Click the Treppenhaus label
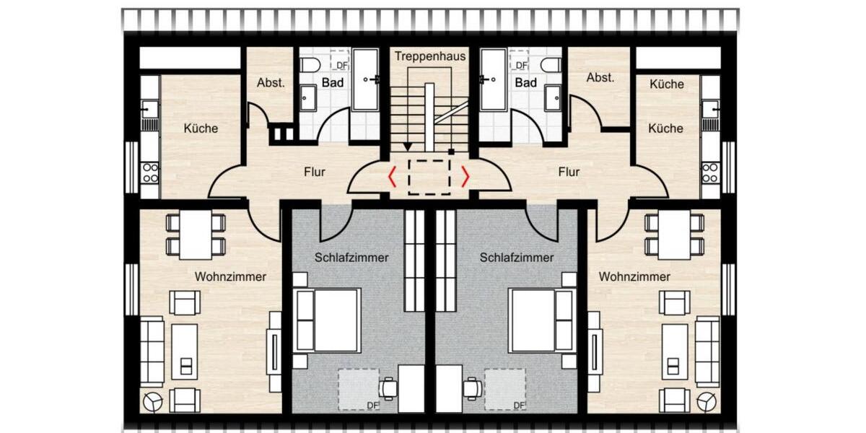(430, 56)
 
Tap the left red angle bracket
(392, 176)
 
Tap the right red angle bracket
(465, 176)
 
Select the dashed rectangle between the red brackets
(429, 177)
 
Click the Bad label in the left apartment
(333, 83)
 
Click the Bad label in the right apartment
(525, 83)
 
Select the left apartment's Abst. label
(271, 82)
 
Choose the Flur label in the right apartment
(569, 172)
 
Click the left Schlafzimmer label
(351, 258)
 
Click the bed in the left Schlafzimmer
(328, 320)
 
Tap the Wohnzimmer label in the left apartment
(230, 276)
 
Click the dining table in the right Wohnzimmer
(674, 235)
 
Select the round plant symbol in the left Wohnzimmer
(153, 401)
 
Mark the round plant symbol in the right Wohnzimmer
(707, 401)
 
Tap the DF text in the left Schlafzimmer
(372, 405)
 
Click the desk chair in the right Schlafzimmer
(473, 388)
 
